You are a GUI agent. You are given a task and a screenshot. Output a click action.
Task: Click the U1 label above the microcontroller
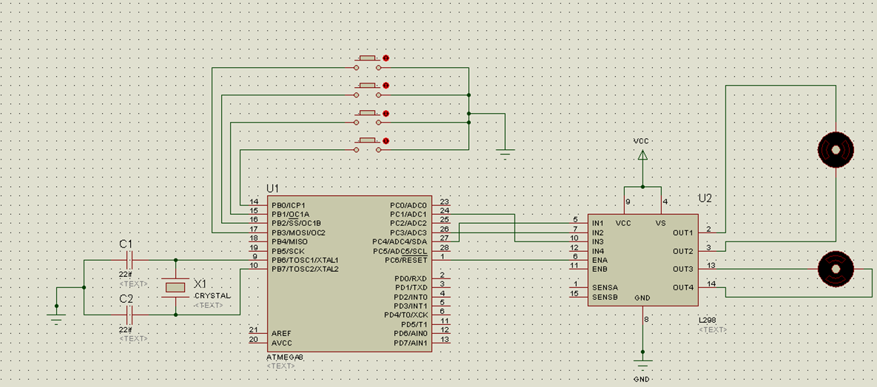(273, 189)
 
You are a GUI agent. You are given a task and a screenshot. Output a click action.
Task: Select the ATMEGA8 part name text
(285, 357)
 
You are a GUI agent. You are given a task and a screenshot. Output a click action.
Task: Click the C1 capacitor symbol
(129, 260)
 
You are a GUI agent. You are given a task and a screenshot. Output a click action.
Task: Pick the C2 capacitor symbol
(129, 315)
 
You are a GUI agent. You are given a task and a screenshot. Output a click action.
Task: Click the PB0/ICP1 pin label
(288, 205)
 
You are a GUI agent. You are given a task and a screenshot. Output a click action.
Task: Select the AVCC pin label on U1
(281, 342)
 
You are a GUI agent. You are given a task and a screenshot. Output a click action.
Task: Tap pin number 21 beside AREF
(254, 329)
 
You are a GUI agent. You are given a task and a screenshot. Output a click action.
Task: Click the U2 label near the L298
(705, 199)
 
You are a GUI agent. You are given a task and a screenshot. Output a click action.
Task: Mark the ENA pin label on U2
(600, 260)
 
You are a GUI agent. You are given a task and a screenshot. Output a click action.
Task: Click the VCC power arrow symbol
(643, 155)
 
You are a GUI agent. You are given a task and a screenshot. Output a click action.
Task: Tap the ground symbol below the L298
(643, 365)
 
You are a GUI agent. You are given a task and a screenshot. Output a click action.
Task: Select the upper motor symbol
(836, 150)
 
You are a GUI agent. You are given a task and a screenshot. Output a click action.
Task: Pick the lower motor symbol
(836, 270)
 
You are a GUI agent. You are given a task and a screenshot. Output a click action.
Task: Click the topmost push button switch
(368, 58)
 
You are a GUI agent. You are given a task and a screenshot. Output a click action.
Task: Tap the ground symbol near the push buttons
(506, 153)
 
